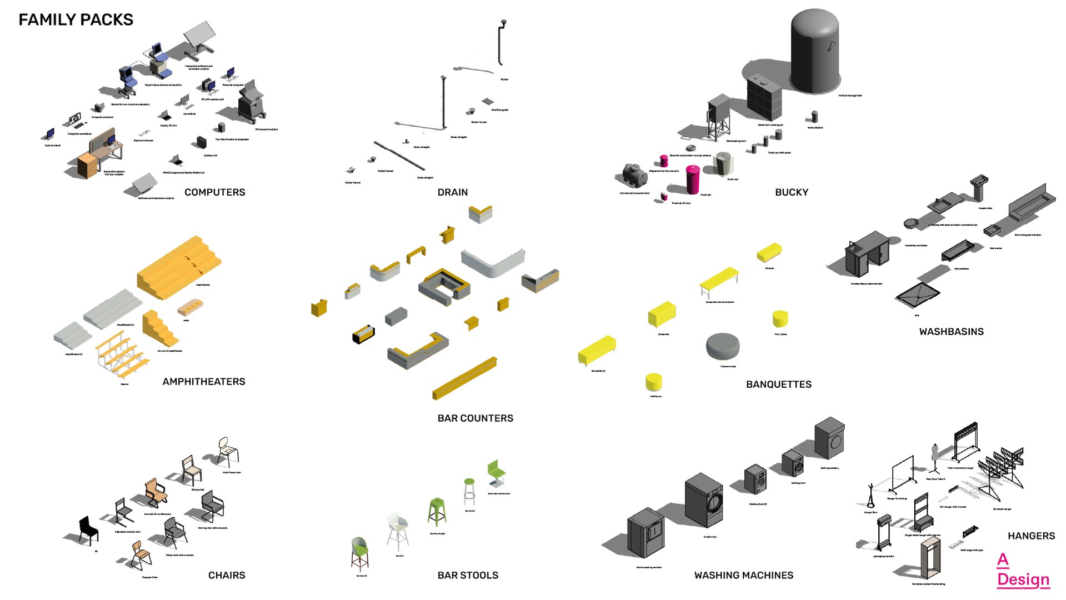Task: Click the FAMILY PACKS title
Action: (76, 19)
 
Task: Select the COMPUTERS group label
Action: (214, 192)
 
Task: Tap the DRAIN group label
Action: (452, 192)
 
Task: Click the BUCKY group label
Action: (791, 192)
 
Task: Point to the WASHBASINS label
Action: (951, 332)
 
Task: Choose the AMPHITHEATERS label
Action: (203, 382)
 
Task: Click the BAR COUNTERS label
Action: (475, 418)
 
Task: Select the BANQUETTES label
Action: (778, 384)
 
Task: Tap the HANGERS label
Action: (1031, 536)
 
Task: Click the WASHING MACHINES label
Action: (743, 576)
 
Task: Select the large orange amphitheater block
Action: (178, 267)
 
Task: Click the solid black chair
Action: (88, 528)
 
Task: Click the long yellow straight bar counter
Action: (464, 378)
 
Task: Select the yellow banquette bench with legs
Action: (719, 281)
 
